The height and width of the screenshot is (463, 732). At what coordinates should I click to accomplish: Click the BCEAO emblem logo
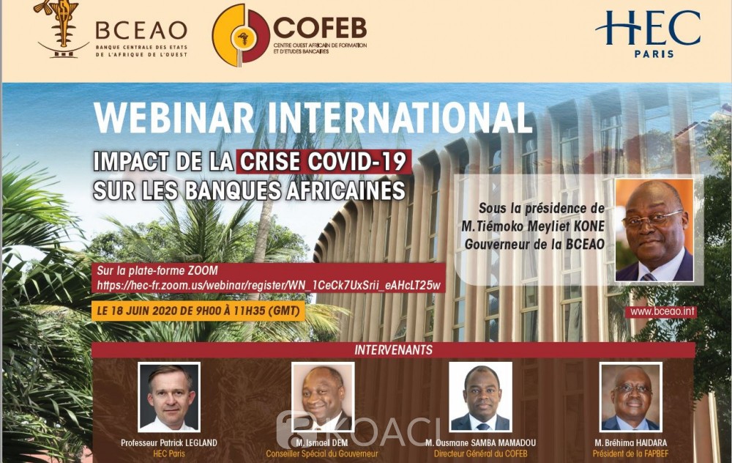click(x=62, y=29)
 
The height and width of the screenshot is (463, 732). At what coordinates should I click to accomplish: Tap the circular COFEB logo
click(x=241, y=35)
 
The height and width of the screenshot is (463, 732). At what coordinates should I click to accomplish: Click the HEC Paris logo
click(x=648, y=34)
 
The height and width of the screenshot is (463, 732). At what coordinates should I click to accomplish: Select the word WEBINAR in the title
click(x=174, y=118)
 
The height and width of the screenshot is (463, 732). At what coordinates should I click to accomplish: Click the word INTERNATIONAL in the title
click(x=400, y=118)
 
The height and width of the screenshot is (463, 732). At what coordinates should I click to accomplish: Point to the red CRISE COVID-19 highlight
click(x=324, y=162)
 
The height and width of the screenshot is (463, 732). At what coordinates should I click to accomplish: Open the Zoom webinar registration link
click(x=269, y=286)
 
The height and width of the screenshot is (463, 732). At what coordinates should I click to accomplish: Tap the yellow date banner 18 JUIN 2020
click(x=198, y=311)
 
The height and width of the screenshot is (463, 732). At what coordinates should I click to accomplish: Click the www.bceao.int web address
click(x=662, y=311)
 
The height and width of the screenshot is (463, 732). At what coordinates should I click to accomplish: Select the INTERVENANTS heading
click(x=393, y=349)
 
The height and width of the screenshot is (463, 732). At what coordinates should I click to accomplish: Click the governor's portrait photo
click(x=654, y=230)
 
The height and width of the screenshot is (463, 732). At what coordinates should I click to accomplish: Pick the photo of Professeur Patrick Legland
click(x=169, y=396)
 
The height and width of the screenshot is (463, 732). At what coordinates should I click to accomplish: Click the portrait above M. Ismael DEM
click(x=323, y=396)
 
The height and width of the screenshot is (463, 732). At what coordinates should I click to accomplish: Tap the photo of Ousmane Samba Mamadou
click(x=480, y=396)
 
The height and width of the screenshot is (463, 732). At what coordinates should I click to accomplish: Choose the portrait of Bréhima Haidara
click(x=631, y=396)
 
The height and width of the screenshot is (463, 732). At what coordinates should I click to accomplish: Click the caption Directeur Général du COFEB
click(x=480, y=453)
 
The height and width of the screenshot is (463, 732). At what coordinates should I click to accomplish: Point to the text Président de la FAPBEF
click(x=631, y=453)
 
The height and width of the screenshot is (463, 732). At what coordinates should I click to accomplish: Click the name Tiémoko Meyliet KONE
click(x=533, y=226)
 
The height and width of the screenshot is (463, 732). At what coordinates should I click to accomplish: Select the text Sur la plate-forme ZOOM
click(x=157, y=270)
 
